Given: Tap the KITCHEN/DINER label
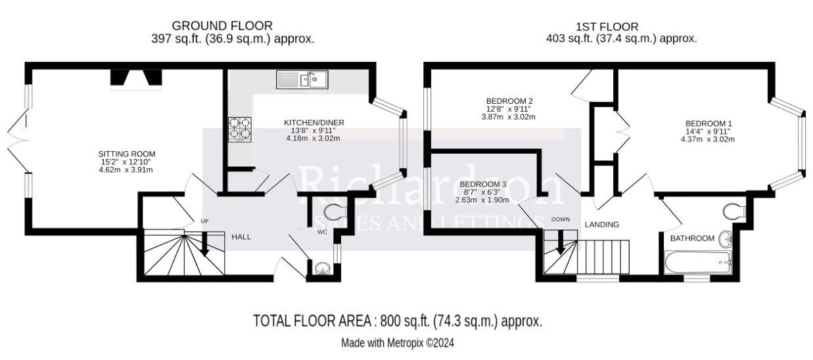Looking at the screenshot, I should pyautogui.click(x=314, y=123).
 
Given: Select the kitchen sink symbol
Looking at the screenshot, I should pyautogui.click(x=310, y=80).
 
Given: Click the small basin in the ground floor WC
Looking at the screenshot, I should pyautogui.click(x=322, y=267).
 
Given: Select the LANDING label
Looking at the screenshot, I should pyautogui.click(x=602, y=225).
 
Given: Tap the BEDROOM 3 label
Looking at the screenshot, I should pyautogui.click(x=482, y=184).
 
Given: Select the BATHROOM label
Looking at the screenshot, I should pyautogui.click(x=691, y=238).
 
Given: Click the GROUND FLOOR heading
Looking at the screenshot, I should pyautogui.click(x=222, y=26).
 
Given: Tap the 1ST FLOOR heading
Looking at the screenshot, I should pyautogui.click(x=607, y=27).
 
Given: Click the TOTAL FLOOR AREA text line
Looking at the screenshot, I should pyautogui.click(x=398, y=321).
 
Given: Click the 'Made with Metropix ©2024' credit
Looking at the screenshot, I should pyautogui.click(x=397, y=343).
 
